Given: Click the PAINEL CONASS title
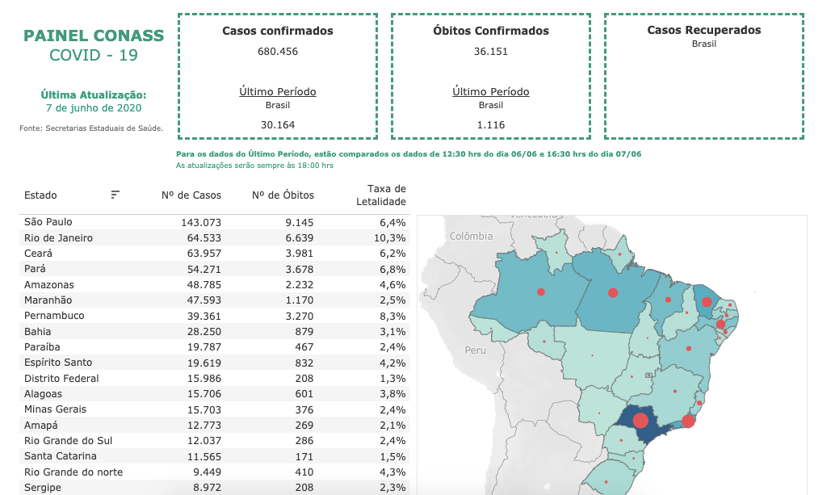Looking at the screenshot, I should pos(94,36).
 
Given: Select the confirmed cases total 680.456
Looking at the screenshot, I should pos(278,52).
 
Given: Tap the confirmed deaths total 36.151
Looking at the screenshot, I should pos(491,52).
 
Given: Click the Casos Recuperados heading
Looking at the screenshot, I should pos(704,30).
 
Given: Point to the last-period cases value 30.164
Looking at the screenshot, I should pos(278,124).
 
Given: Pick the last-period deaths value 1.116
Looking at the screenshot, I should pos(491,124).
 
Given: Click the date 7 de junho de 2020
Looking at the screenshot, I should pos(94,107).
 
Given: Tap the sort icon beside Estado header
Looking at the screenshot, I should pos(115,195).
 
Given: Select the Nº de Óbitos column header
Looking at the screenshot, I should pos(283,195).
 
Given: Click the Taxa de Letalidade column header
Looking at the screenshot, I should pos(381,195).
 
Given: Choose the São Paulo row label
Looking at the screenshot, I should pos(48,222).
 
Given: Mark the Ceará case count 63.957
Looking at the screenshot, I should pos(202,254).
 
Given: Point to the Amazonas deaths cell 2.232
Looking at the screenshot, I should pos(297,284).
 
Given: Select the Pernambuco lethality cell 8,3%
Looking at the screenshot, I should pos(392,316).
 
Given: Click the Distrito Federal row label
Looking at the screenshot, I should pos(61,378).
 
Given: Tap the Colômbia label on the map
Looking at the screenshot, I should pos(471,237).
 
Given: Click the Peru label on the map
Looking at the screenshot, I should pos(475,350).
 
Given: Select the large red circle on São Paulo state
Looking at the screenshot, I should pos(640,420).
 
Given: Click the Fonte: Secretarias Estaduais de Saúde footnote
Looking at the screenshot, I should pos(91,128).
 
